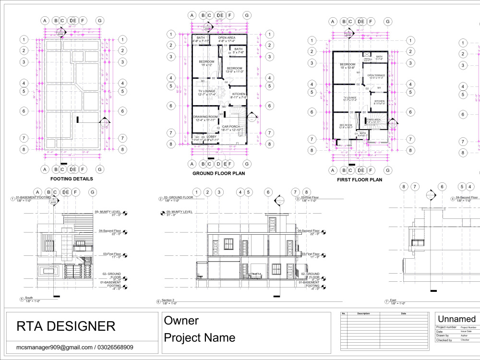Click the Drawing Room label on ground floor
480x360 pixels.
coord(205,117)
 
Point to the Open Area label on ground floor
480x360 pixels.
coord(227,37)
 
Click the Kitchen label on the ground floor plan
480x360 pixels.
coord(239,94)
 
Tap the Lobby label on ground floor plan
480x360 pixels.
coord(212,137)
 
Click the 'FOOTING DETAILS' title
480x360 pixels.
coord(72,179)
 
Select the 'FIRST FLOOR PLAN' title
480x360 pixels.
coord(360,180)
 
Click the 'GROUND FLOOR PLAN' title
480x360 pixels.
coord(218,173)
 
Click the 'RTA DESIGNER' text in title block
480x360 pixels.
coord(66,326)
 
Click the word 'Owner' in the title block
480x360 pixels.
coord(181,320)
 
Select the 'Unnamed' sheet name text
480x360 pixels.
coord(457,319)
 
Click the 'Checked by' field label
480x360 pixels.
coord(444,340)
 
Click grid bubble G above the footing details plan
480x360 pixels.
coord(100,21)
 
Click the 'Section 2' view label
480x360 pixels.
coord(168,300)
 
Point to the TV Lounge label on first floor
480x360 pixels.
coord(350,97)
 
